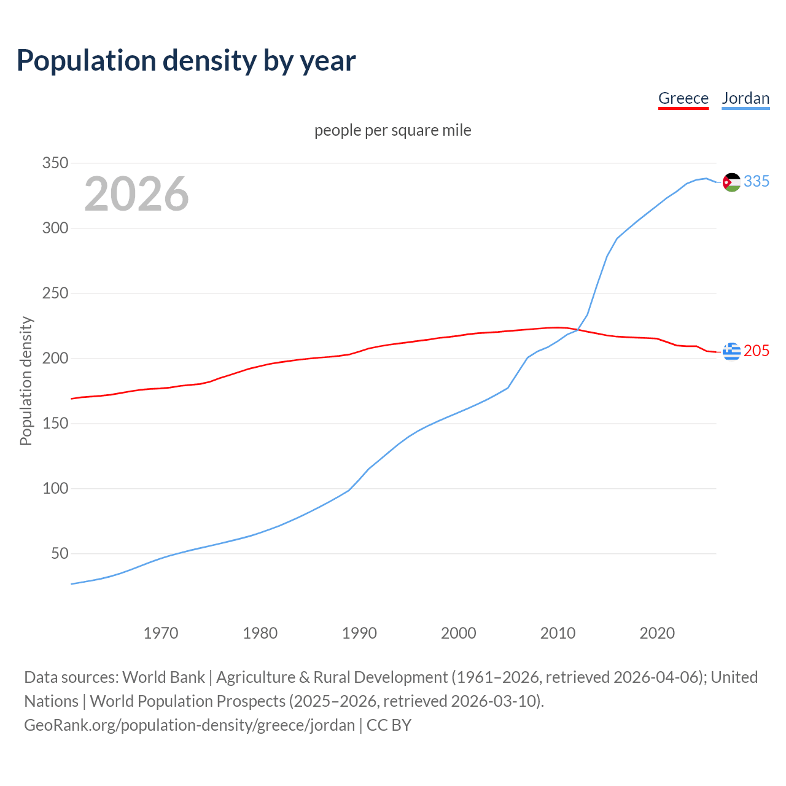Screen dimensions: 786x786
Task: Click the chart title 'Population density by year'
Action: tap(186, 61)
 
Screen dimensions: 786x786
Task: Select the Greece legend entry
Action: tap(683, 98)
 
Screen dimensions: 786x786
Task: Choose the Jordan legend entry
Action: tap(745, 98)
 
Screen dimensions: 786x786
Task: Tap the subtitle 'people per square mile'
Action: tap(392, 131)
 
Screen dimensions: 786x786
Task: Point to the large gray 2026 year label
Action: tap(136, 194)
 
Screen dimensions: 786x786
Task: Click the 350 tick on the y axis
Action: tap(55, 163)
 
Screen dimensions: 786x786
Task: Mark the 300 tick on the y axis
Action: tap(55, 228)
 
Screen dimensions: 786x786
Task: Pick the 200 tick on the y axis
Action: tap(55, 359)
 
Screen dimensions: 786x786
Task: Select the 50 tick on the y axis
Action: tap(59, 554)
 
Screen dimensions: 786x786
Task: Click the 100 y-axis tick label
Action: tap(55, 489)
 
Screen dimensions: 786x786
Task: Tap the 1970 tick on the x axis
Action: tap(161, 633)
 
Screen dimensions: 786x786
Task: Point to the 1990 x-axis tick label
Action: tap(359, 633)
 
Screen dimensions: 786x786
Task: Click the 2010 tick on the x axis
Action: tap(558, 633)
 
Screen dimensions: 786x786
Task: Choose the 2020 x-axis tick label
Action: tap(657, 633)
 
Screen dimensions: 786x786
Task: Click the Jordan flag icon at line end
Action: tap(731, 182)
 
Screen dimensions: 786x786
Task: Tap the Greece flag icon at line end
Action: tap(731, 351)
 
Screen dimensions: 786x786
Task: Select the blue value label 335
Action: tap(757, 182)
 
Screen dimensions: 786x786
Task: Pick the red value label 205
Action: tap(757, 351)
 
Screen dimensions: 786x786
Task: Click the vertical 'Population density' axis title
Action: tap(26, 381)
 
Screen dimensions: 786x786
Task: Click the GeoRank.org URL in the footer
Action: tap(189, 725)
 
